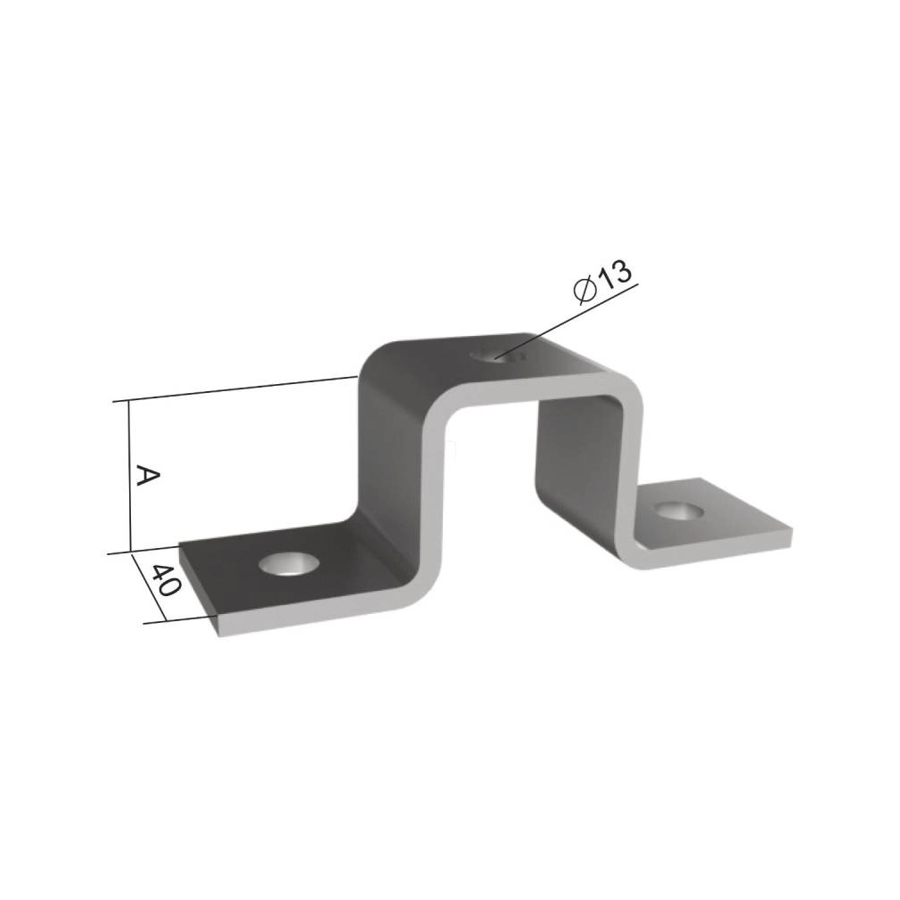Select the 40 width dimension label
click(167, 580)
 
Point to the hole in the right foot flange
click(680, 511)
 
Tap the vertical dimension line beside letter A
click(130, 477)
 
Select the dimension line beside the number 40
click(149, 587)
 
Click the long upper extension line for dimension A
click(235, 389)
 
